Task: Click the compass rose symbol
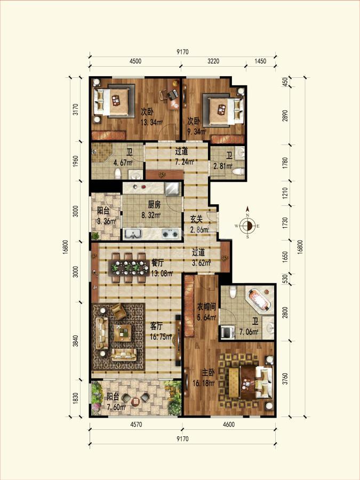[x=247, y=226]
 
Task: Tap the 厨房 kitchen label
[x=154, y=204]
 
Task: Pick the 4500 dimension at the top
[x=135, y=61]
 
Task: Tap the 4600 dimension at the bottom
[x=229, y=425]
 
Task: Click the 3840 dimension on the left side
[x=76, y=341]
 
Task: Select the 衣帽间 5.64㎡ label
[x=206, y=311]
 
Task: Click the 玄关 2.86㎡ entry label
[x=199, y=225]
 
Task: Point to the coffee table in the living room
[x=123, y=333]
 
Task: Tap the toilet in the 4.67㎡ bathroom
[x=118, y=173]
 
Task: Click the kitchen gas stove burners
[x=170, y=234]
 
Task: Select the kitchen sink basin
[x=133, y=234]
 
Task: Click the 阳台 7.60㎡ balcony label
[x=116, y=402]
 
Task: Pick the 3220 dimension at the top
[x=213, y=61]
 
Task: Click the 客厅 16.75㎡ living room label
[x=161, y=332]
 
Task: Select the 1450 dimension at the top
[x=260, y=61]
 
